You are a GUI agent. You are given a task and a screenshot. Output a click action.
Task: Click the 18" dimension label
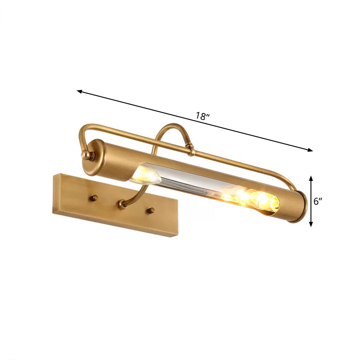pyautogui.click(x=203, y=116)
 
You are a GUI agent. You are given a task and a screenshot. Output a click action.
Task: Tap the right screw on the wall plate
pyautogui.click(x=152, y=210)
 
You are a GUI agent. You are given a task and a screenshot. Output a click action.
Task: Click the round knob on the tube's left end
pyautogui.click(x=84, y=155)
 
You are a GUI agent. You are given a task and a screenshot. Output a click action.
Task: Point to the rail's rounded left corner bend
pyautogui.click(x=82, y=131)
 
